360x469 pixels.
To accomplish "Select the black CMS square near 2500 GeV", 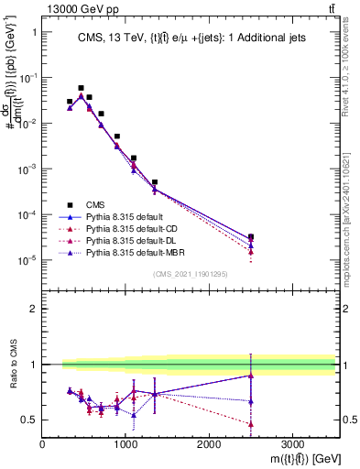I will pos(251,236).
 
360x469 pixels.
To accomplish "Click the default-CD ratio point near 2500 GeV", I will pos(251,423).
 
